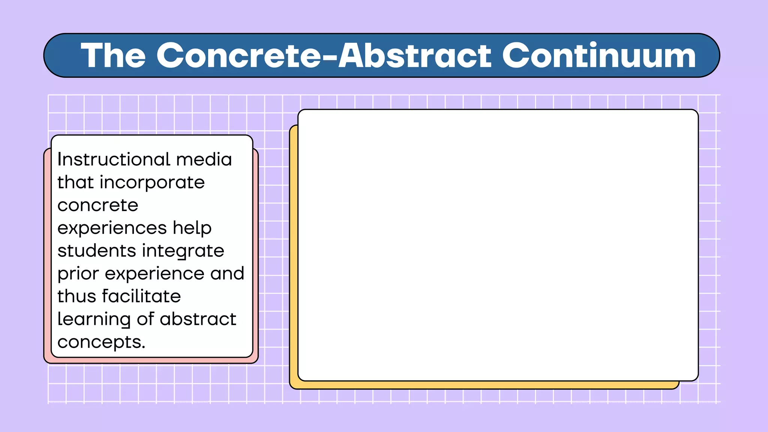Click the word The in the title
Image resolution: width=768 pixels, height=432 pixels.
click(x=113, y=55)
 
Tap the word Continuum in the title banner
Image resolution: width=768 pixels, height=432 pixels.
click(x=598, y=55)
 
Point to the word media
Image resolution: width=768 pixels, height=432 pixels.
click(x=204, y=159)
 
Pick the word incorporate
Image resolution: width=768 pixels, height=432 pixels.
click(x=152, y=183)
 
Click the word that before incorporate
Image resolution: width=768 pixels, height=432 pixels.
click(x=75, y=183)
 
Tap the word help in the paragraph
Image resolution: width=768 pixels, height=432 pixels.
click(x=192, y=228)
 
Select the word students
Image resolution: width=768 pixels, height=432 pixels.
click(x=96, y=251)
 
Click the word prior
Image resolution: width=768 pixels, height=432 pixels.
click(x=78, y=274)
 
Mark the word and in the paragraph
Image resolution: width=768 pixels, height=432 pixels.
click(x=227, y=273)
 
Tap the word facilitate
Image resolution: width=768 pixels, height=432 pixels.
click(x=141, y=296)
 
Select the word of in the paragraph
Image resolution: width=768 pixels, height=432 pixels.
click(x=145, y=319)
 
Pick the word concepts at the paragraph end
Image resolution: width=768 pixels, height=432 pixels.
click(x=101, y=342)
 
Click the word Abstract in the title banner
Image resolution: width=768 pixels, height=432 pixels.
click(x=415, y=55)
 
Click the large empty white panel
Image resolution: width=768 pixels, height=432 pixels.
click(x=498, y=245)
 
